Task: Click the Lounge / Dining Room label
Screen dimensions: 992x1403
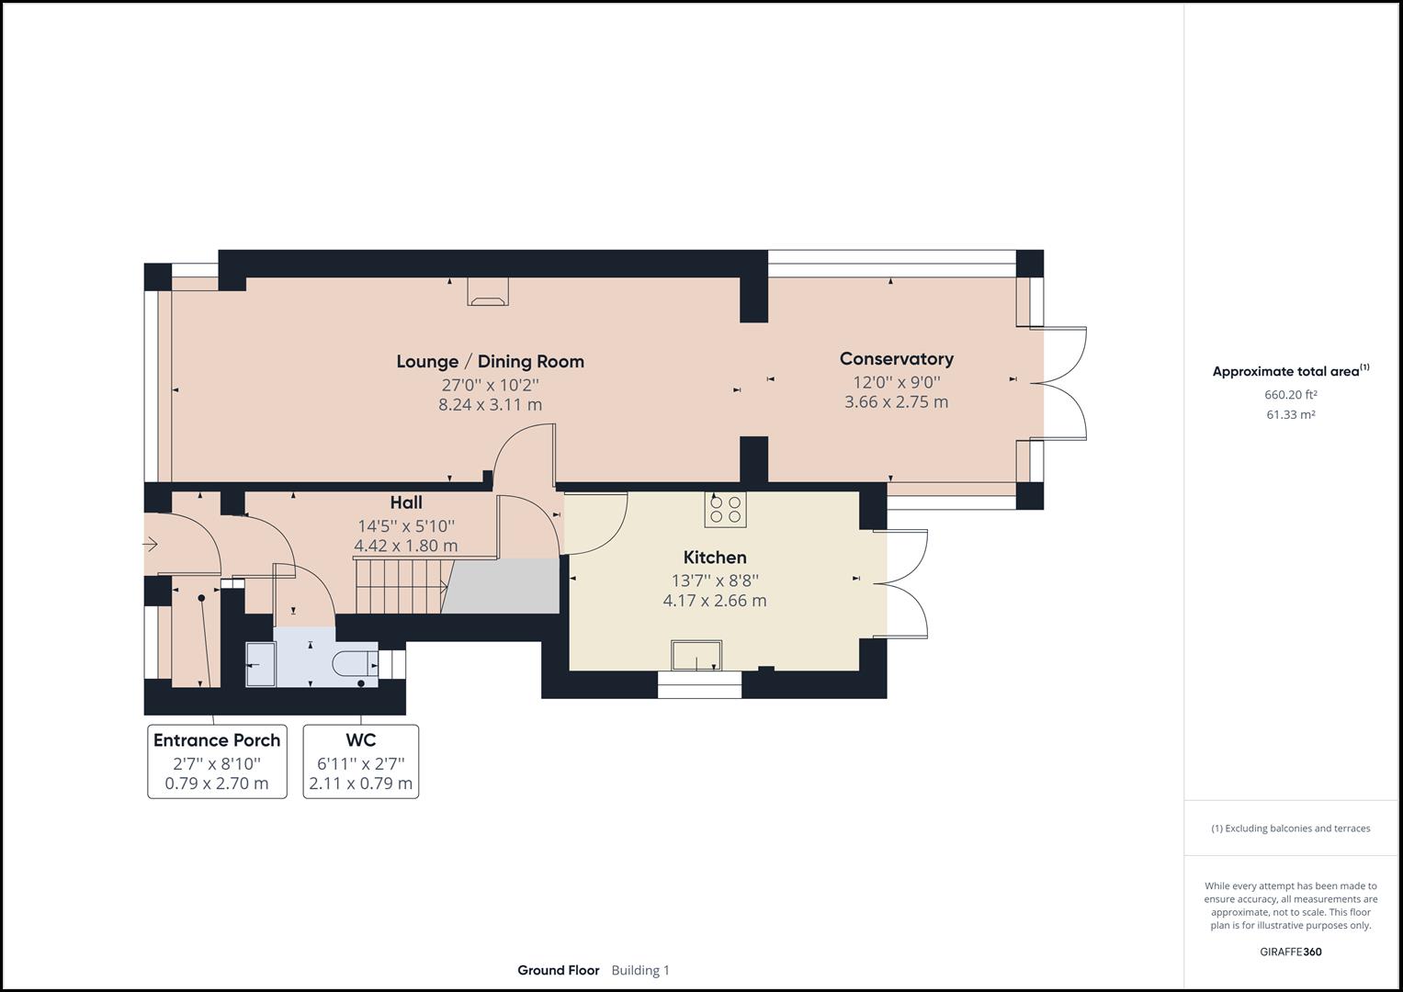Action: click(490, 361)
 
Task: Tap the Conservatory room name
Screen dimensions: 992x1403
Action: click(896, 358)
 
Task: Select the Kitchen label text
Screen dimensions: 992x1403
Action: click(714, 557)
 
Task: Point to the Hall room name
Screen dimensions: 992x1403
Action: click(405, 502)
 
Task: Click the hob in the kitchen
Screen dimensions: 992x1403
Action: click(725, 509)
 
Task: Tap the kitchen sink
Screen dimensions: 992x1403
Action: click(696, 656)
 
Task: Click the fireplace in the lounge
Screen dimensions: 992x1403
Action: click(487, 291)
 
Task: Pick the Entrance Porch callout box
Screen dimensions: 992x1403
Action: click(217, 761)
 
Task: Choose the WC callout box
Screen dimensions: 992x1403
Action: click(360, 761)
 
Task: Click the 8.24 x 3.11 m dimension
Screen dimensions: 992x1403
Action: click(490, 404)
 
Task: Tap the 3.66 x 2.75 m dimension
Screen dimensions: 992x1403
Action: click(896, 401)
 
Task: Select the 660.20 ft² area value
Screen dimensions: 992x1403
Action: click(1290, 395)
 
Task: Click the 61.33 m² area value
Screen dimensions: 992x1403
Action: click(1290, 414)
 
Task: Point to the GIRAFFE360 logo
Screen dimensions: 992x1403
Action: click(1290, 952)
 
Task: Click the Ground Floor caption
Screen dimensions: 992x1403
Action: click(558, 970)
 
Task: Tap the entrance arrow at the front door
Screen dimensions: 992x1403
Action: click(150, 545)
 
